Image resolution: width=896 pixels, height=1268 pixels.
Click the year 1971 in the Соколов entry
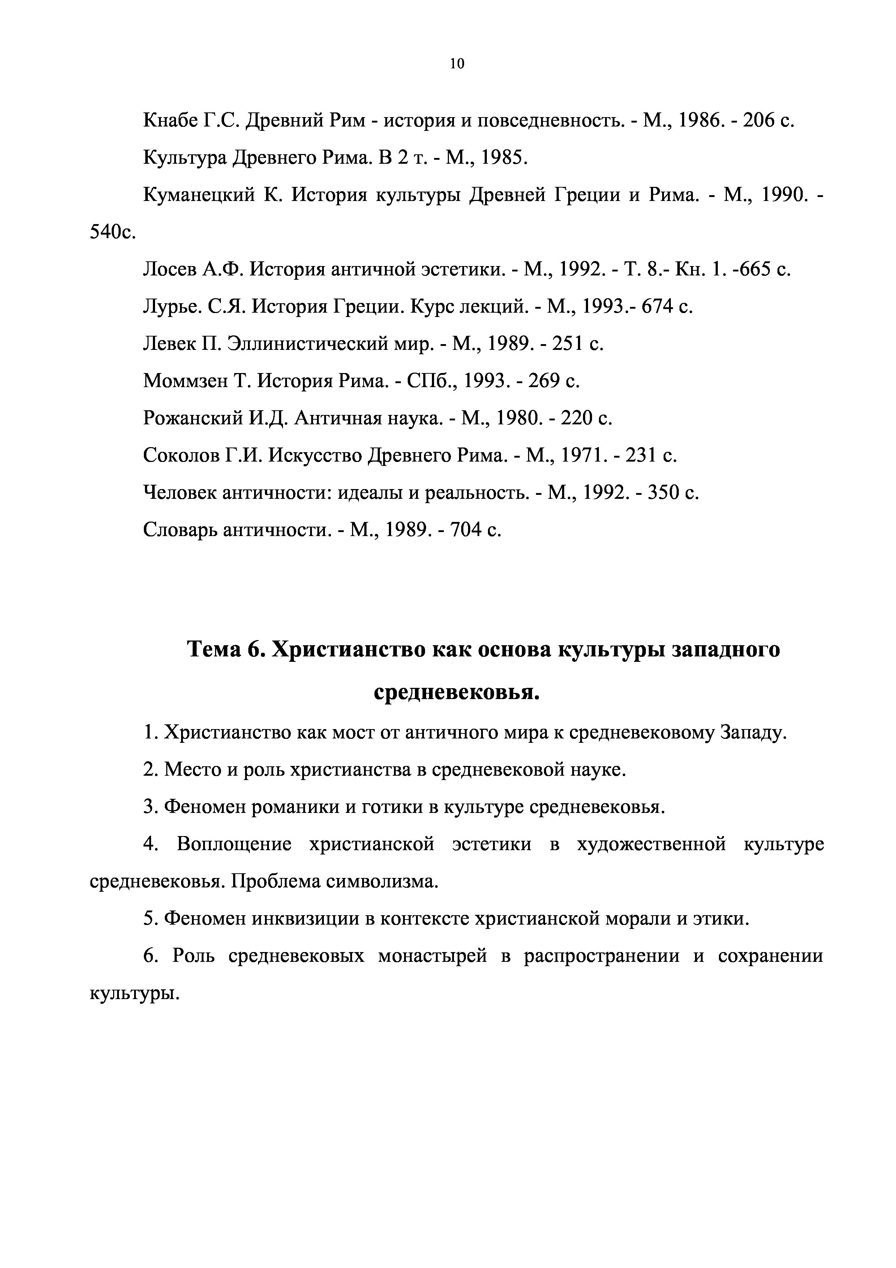click(587, 455)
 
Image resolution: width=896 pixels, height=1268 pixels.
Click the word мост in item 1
click(354, 733)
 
